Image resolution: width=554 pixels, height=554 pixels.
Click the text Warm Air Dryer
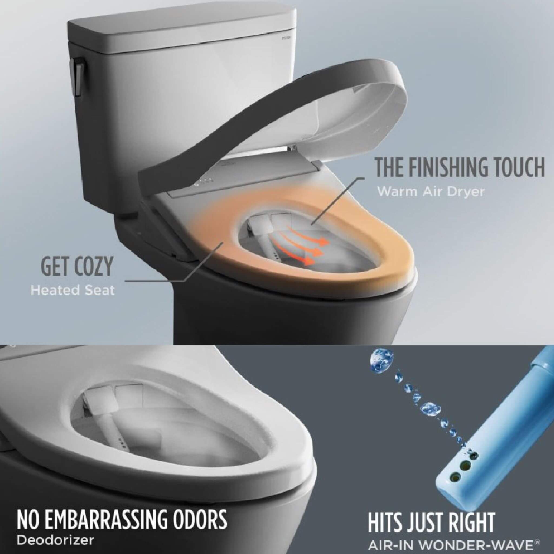430,192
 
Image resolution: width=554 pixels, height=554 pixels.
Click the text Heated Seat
72,291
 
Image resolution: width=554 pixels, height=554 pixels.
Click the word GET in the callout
54,266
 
